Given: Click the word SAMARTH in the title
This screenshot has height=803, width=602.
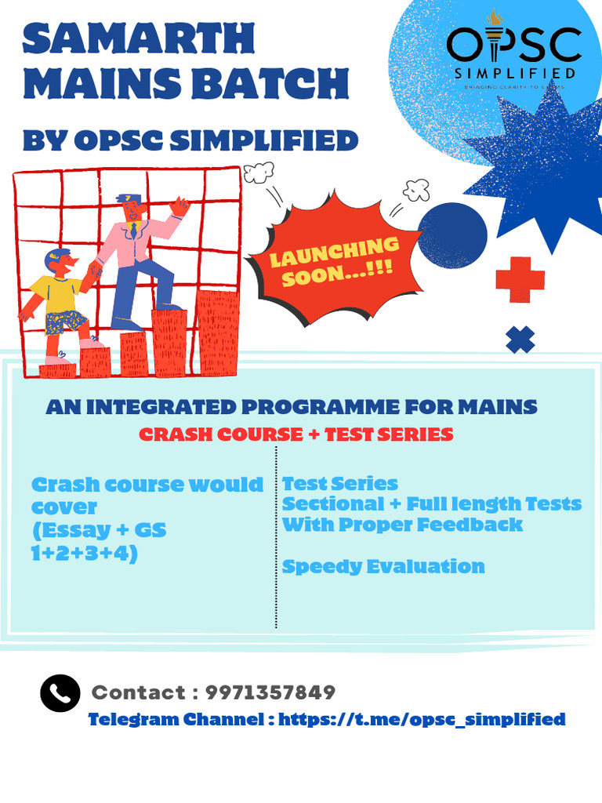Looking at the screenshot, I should point(139,39).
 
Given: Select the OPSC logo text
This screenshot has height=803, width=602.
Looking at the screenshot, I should point(514,45).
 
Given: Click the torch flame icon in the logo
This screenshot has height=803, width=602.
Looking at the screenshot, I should point(493,19).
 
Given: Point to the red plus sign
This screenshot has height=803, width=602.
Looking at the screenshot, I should point(520,279).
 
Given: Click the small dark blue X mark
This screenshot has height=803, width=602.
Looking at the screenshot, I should point(520,339).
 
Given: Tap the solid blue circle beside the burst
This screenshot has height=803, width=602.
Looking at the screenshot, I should point(451,236).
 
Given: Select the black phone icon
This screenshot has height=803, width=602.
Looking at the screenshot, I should point(60,693).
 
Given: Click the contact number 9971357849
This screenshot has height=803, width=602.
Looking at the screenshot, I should point(270,692).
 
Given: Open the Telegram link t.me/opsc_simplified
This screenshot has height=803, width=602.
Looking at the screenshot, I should point(422,719).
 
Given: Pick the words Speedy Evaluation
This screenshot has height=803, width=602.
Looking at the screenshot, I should point(383,566).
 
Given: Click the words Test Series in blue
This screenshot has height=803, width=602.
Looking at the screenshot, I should point(340,483).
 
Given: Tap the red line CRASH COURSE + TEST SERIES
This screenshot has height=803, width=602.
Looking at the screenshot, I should point(296,434).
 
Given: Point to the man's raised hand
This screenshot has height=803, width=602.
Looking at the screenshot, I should point(180,207).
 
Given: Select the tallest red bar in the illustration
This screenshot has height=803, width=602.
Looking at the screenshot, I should point(217,332).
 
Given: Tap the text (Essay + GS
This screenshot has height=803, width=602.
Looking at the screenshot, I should point(99,530).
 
